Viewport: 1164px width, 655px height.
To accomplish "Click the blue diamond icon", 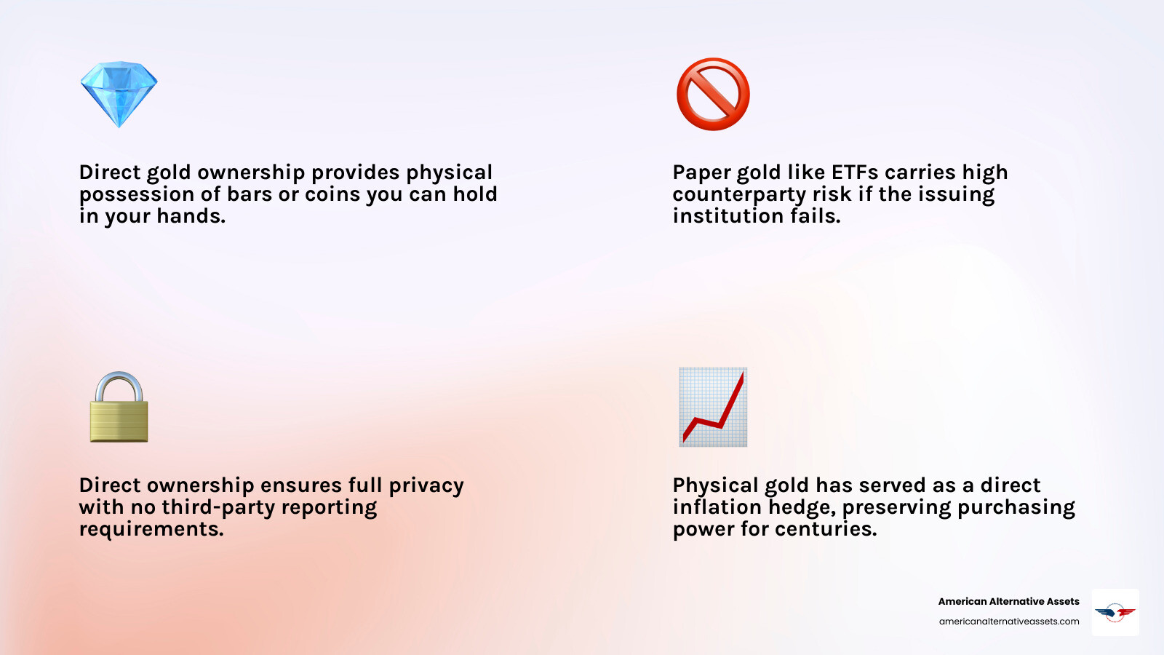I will tap(119, 95).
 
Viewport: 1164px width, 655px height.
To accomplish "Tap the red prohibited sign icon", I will tap(713, 95).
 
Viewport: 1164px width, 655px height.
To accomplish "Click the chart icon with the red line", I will tap(713, 407).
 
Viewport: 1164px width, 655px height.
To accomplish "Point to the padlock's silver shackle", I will tap(119, 384).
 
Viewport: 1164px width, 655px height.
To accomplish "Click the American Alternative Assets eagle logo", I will tap(1115, 612).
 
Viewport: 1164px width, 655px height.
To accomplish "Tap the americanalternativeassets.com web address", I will tap(1009, 622).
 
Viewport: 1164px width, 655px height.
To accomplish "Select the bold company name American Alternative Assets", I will tap(1008, 602).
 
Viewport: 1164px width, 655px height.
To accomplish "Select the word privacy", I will tap(426, 486).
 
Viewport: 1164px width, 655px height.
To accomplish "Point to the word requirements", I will tap(151, 530).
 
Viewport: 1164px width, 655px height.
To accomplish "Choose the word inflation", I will tap(718, 507).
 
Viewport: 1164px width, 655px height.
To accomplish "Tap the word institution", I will tap(728, 216).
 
